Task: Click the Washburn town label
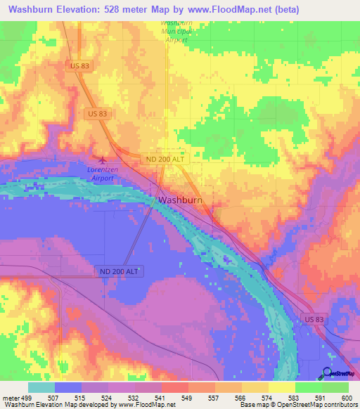click(x=181, y=200)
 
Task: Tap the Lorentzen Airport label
click(x=103, y=174)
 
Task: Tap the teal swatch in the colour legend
click(x=41, y=387)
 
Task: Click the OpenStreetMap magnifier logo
click(x=328, y=372)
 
